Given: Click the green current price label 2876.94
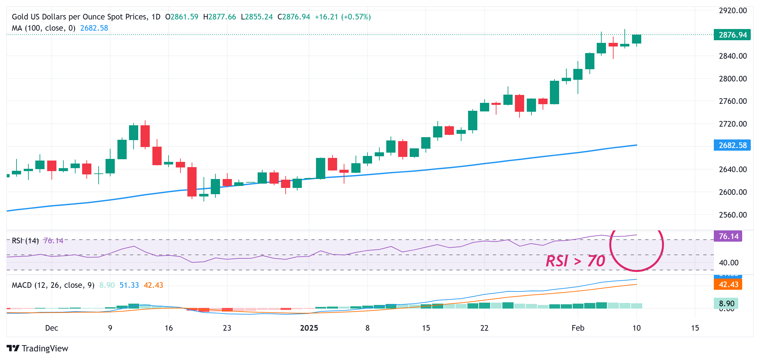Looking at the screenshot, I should [732, 35].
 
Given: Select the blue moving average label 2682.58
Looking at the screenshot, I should [732, 145].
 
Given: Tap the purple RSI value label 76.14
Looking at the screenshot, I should [728, 236].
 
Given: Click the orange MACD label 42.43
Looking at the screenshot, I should [728, 285].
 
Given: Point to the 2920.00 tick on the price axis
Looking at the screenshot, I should [733, 11].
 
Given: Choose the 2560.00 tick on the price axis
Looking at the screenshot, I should [733, 215].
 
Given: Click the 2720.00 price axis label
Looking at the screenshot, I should [733, 124].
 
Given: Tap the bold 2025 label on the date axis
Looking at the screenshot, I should [309, 328].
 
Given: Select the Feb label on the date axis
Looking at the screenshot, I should [578, 328].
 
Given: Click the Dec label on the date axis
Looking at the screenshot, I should [51, 328].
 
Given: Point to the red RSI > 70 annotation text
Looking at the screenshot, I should [575, 261].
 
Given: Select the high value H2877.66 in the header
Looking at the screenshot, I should [219, 17].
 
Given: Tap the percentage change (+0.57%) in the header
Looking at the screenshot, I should [356, 17].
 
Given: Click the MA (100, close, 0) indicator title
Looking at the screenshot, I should [44, 28].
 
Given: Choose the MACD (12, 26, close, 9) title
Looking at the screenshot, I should [53, 285].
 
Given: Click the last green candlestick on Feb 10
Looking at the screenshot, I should [636, 39].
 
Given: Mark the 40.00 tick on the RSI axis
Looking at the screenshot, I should [729, 263].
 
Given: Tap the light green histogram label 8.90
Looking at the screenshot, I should [726, 303].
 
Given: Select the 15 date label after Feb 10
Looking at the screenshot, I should [695, 328].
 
